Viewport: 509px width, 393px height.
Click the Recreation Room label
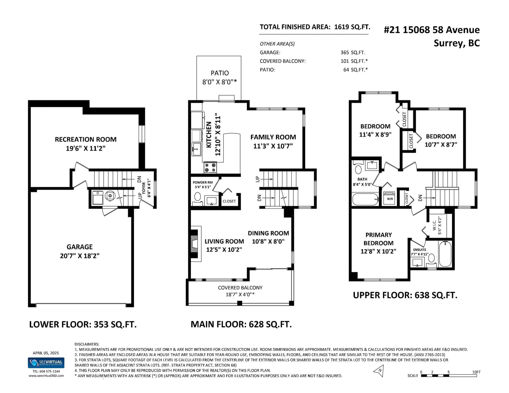86,139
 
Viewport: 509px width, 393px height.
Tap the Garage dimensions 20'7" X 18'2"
80,256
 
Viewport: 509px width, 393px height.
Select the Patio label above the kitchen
220,73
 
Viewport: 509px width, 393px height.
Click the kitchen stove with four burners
210,167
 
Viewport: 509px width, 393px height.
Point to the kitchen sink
197,149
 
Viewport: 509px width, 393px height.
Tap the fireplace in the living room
195,244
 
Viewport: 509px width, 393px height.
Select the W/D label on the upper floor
390,199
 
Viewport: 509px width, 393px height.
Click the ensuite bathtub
445,254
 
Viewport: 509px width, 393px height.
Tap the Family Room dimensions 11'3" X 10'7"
273,146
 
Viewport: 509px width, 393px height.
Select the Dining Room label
268,233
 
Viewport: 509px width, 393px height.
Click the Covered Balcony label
240,288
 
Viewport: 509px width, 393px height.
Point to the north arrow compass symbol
379,371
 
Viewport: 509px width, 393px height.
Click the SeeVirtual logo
46,363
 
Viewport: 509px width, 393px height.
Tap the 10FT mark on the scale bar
476,372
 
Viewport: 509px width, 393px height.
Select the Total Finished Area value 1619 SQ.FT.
352,27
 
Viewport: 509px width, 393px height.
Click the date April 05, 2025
46,353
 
